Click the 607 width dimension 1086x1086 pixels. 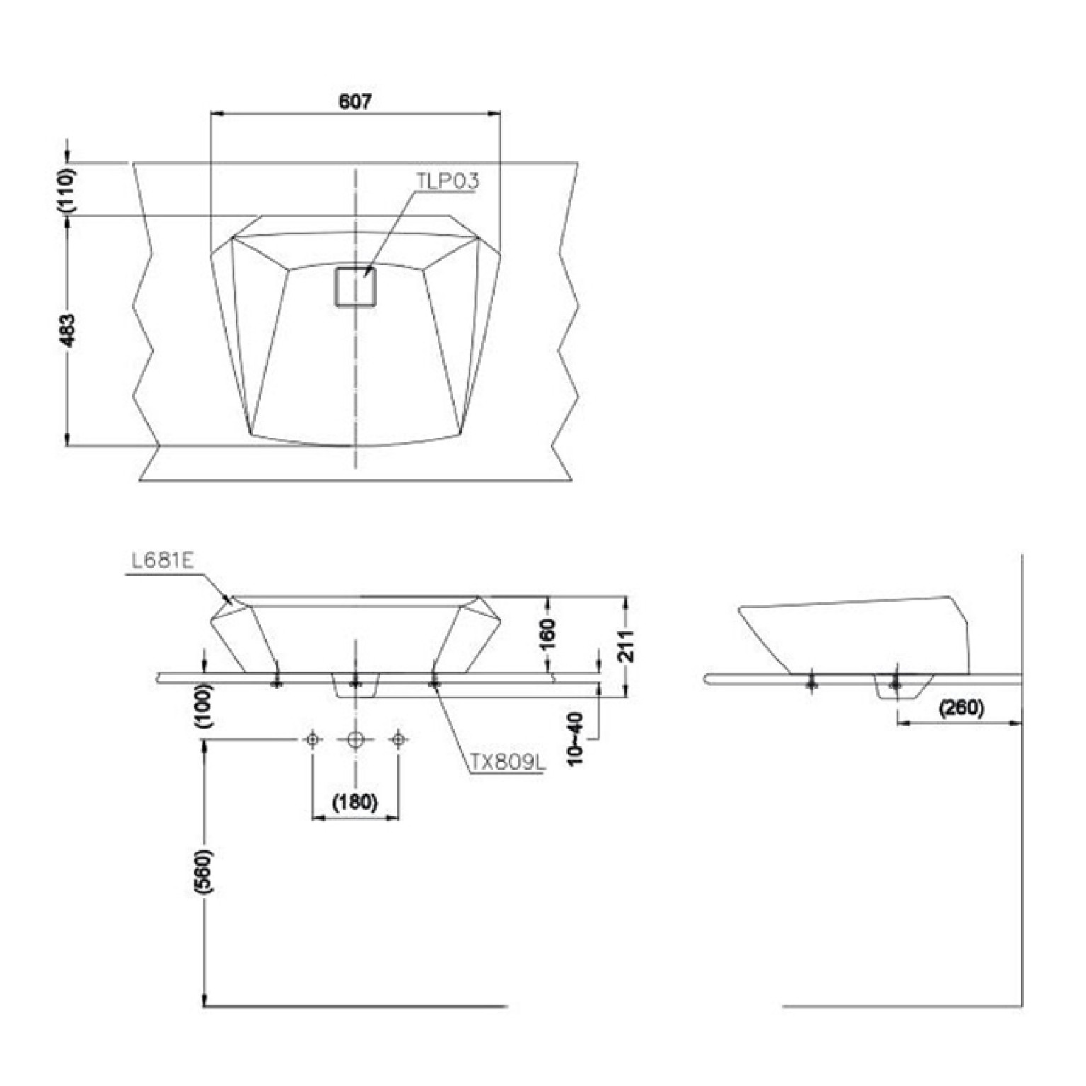point(355,102)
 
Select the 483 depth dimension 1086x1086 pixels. point(68,331)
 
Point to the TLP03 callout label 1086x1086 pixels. point(447,181)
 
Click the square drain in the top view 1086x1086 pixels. point(356,287)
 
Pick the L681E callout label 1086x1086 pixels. point(163,561)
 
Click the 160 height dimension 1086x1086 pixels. point(548,634)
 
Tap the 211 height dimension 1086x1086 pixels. point(626,645)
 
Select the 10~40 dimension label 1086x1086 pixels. point(576,738)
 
